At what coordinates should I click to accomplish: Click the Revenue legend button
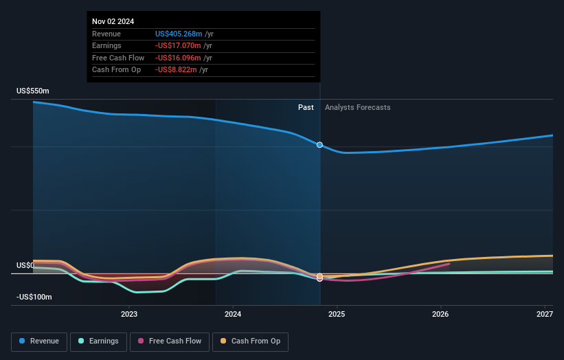coord(39,341)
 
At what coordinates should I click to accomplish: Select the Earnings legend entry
coord(98,341)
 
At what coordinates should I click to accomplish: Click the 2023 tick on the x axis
coord(129,315)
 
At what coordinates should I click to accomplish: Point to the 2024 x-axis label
coord(233,315)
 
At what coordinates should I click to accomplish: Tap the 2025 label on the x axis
coord(337,315)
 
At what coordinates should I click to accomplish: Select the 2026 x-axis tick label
coord(440,315)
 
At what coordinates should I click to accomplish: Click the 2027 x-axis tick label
coord(545,315)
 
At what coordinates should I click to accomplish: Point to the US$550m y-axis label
coord(34,91)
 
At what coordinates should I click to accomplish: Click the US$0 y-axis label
coord(26,265)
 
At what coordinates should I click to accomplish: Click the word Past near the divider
coord(306,107)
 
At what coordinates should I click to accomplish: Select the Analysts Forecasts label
coord(357,107)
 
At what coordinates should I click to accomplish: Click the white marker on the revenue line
coord(319,145)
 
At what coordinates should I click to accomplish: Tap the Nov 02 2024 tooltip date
coord(113,21)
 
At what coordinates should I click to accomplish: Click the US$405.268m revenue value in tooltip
coord(179,34)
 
